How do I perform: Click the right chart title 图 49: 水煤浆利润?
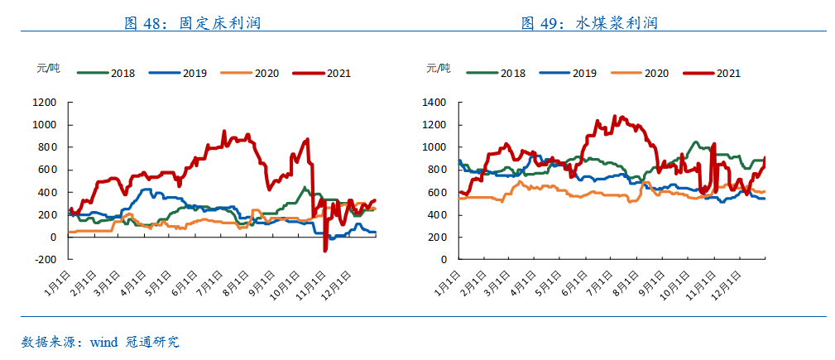click(x=589, y=23)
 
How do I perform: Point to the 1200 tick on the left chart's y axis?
click(x=45, y=103)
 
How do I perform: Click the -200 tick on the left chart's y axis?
click(x=45, y=259)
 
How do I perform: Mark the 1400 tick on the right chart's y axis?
click(x=434, y=103)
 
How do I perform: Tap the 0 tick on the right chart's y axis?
click(x=443, y=259)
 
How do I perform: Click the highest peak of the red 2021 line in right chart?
click(x=614, y=116)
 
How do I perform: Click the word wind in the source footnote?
click(x=103, y=341)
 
